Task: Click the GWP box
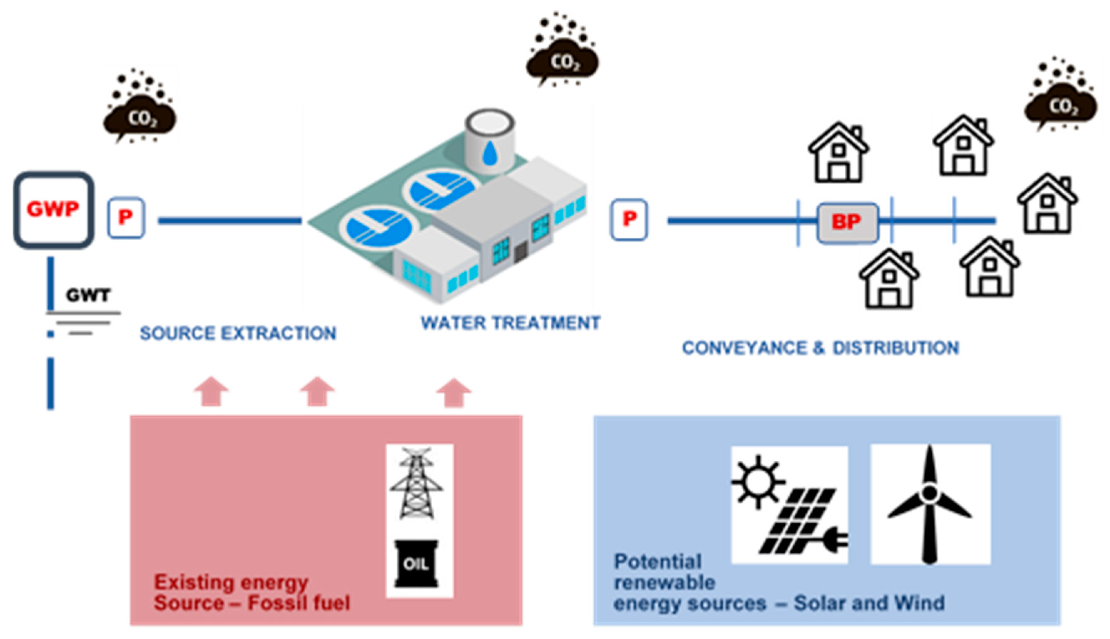click(54, 210)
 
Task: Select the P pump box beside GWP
click(126, 218)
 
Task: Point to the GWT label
click(88, 295)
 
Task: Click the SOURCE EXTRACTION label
click(238, 334)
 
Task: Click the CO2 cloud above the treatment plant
click(563, 61)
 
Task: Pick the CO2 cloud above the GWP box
click(141, 118)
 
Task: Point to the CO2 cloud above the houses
click(1061, 105)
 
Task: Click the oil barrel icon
click(416, 563)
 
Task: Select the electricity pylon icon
click(416, 483)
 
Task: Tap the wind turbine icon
click(930, 505)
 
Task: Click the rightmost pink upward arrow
click(454, 392)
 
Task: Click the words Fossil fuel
click(299, 603)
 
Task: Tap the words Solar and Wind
click(869, 603)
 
